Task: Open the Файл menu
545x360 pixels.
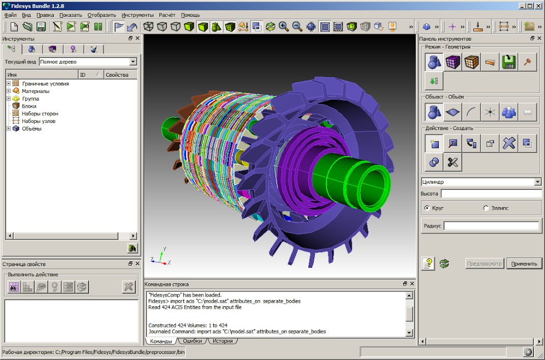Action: click(11, 15)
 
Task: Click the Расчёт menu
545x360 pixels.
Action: click(167, 15)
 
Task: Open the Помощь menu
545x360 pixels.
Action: click(190, 15)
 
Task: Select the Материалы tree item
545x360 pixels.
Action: click(36, 91)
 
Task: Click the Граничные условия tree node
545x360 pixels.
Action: click(45, 83)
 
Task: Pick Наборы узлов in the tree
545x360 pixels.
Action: click(38, 121)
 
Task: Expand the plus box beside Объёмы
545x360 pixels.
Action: click(9, 128)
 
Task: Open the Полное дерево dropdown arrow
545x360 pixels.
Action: click(133, 62)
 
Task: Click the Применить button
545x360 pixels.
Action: click(524, 264)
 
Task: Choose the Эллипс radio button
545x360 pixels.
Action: click(486, 208)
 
